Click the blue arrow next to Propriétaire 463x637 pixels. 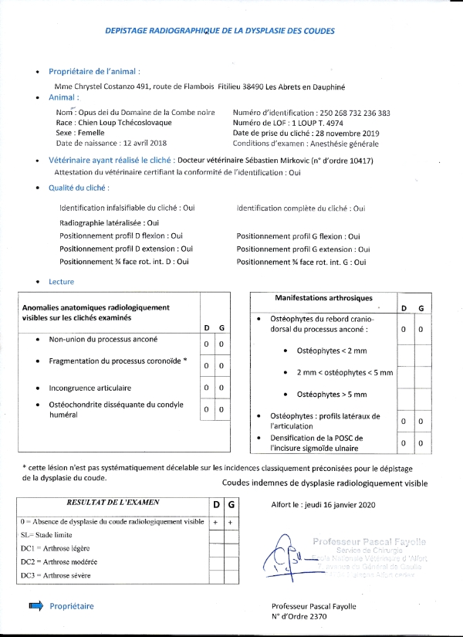[35, 606]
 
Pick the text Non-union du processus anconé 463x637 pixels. [103, 339]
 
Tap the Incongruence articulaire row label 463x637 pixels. [90, 388]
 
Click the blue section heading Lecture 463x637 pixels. [61, 282]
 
